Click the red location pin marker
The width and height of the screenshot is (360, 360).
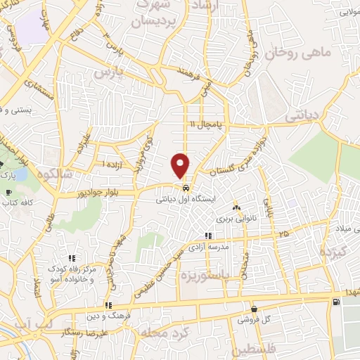tap(181, 165)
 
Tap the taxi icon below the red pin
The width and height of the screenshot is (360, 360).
tap(184, 188)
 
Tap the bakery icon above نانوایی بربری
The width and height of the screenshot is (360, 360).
tap(236, 207)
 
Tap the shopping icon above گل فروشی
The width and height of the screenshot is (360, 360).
tap(253, 309)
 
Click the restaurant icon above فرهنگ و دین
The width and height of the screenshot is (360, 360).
tap(108, 305)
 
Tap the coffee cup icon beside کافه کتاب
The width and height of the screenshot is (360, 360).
tap(8, 192)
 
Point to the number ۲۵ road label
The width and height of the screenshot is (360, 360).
tap(283, 233)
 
